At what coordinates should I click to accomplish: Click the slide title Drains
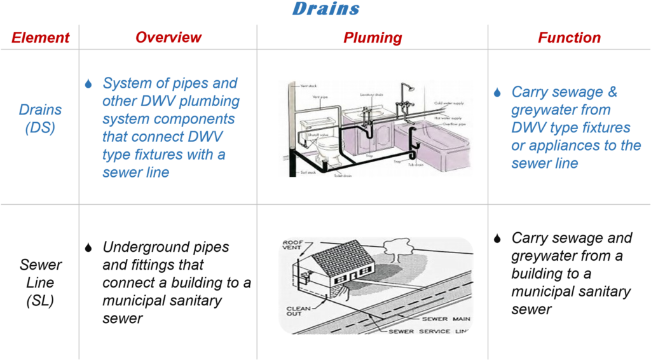pyautogui.click(x=325, y=9)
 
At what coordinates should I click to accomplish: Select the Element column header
pyautogui.click(x=39, y=38)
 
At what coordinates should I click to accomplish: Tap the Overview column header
pyautogui.click(x=168, y=38)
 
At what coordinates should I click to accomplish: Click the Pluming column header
pyautogui.click(x=373, y=38)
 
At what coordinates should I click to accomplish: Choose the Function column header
pyautogui.click(x=569, y=38)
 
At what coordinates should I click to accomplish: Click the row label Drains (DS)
pyautogui.click(x=40, y=118)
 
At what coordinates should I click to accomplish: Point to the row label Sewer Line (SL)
pyautogui.click(x=40, y=282)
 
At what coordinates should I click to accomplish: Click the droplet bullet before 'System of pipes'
pyautogui.click(x=88, y=84)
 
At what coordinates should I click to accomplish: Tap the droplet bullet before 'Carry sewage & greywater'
pyautogui.click(x=497, y=93)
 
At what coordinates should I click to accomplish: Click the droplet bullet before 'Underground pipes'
pyautogui.click(x=88, y=248)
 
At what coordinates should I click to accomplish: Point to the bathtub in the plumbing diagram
pyautogui.click(x=439, y=149)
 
